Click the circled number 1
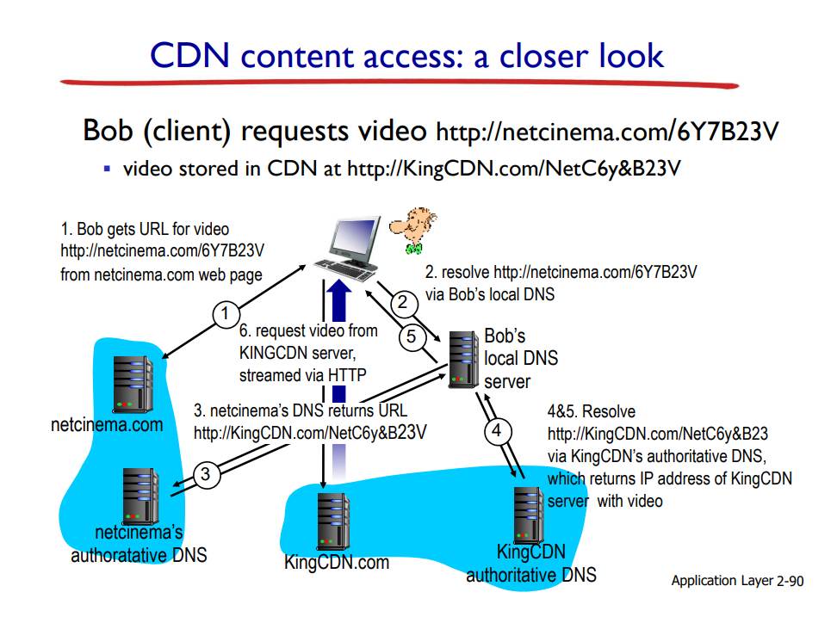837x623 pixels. tap(226, 314)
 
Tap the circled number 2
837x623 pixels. tap(401, 302)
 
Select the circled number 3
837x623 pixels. tap(206, 474)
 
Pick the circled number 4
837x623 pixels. tap(495, 430)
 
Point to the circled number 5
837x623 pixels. tap(412, 336)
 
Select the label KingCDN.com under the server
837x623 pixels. tap(337, 563)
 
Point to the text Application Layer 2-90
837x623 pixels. tap(737, 581)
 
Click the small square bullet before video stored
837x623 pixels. tap(107, 169)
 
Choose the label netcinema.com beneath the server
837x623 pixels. tap(107, 424)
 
